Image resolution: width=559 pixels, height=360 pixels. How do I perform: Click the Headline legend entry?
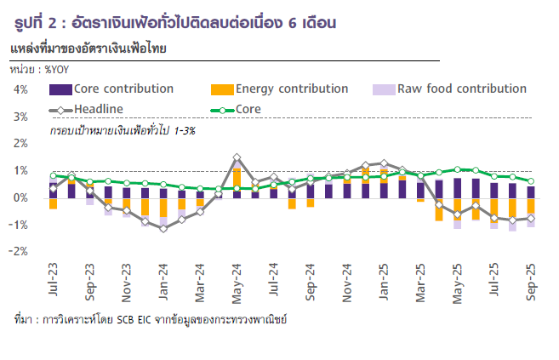(99, 109)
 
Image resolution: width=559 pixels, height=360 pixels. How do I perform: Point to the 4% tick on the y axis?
(21, 89)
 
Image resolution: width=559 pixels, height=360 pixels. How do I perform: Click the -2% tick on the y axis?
(20, 252)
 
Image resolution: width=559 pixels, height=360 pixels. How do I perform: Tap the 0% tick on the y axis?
(21, 198)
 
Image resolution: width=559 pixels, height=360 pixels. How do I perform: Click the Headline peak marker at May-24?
(237, 157)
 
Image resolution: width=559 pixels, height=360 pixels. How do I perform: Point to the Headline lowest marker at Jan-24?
(163, 228)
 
